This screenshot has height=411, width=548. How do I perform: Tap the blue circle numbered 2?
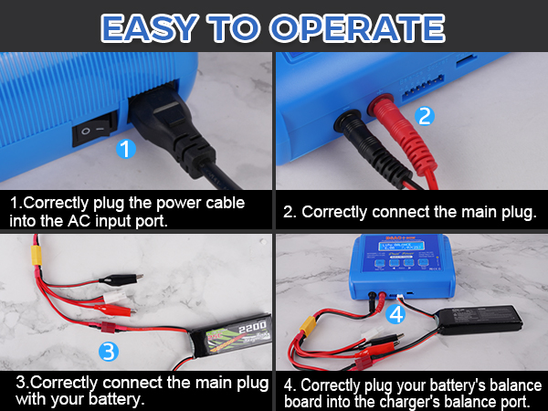coord(423,116)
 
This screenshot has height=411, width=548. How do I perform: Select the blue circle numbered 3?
coord(109,350)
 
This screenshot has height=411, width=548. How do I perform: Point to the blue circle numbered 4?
coord(394,314)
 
